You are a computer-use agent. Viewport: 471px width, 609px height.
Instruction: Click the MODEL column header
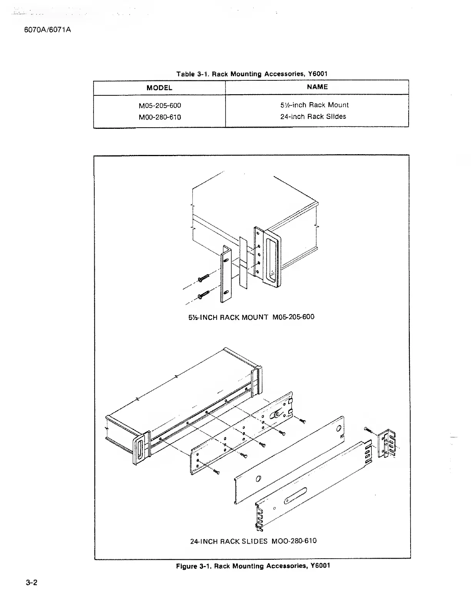(x=159, y=88)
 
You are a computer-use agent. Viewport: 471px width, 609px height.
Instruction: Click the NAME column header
(x=317, y=87)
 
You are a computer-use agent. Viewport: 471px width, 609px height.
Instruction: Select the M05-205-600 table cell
(x=160, y=105)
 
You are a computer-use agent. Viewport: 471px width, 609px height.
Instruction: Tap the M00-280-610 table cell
(x=160, y=117)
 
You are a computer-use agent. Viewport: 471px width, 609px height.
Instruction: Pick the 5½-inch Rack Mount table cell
(x=314, y=105)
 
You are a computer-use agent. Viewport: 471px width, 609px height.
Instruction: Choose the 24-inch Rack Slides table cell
(x=313, y=116)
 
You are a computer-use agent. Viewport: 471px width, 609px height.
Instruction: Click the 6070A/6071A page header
(x=47, y=30)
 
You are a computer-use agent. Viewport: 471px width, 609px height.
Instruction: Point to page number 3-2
(x=32, y=582)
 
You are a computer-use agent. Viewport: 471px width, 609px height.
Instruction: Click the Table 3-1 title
(x=252, y=74)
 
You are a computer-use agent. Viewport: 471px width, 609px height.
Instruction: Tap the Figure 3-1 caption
(x=253, y=566)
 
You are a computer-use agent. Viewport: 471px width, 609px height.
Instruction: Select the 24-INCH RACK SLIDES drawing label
(x=253, y=541)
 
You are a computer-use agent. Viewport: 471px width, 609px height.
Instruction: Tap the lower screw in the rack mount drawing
(x=203, y=295)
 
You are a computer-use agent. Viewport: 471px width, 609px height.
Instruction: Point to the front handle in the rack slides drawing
(x=140, y=449)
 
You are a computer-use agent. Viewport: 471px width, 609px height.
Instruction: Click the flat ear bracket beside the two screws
(x=225, y=275)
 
